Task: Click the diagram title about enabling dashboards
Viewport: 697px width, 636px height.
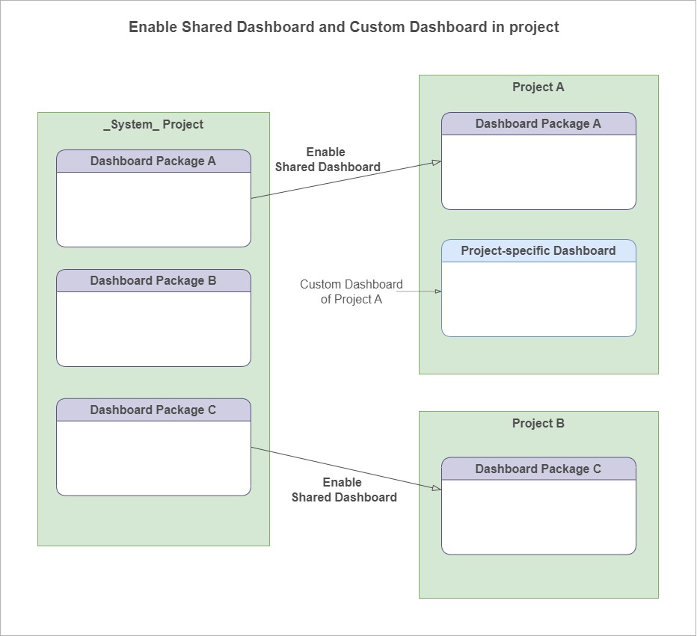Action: (343, 27)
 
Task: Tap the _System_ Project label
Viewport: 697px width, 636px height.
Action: (153, 124)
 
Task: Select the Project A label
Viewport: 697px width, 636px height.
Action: (538, 87)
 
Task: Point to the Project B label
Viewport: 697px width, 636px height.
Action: (538, 423)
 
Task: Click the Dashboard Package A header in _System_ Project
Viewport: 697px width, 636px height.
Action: (153, 161)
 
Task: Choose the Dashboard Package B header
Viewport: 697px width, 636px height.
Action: (153, 280)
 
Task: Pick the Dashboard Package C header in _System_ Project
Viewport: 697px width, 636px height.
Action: (153, 410)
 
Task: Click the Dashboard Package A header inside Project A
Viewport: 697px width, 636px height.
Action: (538, 123)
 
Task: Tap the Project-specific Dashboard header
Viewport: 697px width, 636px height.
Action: (538, 250)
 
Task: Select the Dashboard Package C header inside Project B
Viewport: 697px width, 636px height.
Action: (538, 469)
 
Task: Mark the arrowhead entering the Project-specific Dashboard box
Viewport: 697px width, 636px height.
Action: (437, 291)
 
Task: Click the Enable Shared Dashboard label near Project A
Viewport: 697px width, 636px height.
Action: (327, 159)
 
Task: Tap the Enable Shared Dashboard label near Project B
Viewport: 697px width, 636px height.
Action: (343, 490)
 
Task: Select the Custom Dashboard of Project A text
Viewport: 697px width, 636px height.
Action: (351, 291)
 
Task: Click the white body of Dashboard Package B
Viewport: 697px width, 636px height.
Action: (153, 329)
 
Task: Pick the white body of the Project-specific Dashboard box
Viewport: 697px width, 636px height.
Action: (538, 299)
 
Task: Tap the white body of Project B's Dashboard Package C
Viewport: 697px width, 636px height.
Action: (538, 516)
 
